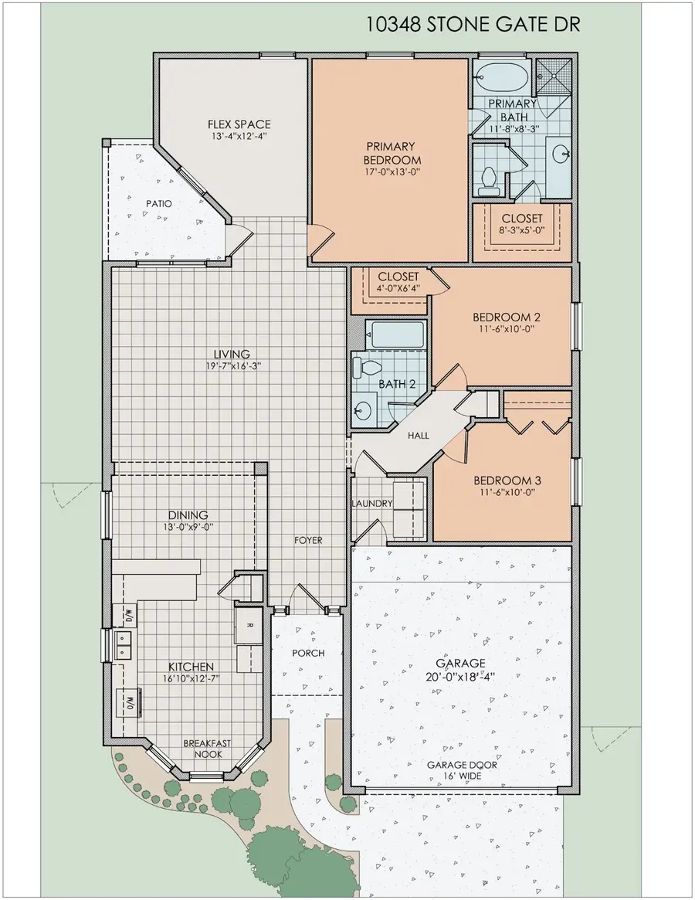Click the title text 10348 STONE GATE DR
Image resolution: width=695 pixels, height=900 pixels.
(x=473, y=25)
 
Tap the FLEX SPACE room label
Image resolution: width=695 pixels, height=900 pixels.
(x=239, y=124)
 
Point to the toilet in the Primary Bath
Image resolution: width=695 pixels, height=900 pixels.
(x=487, y=179)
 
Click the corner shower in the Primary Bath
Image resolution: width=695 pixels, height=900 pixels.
(x=554, y=76)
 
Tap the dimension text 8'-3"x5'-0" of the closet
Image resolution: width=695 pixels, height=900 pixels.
(x=522, y=231)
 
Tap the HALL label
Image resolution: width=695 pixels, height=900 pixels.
(x=419, y=436)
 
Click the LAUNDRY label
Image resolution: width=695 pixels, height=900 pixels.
(x=373, y=504)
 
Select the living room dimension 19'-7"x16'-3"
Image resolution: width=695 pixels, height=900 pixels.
(x=233, y=366)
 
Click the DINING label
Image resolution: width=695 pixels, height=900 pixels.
(x=188, y=515)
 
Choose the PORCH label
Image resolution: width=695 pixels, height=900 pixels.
(x=308, y=653)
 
